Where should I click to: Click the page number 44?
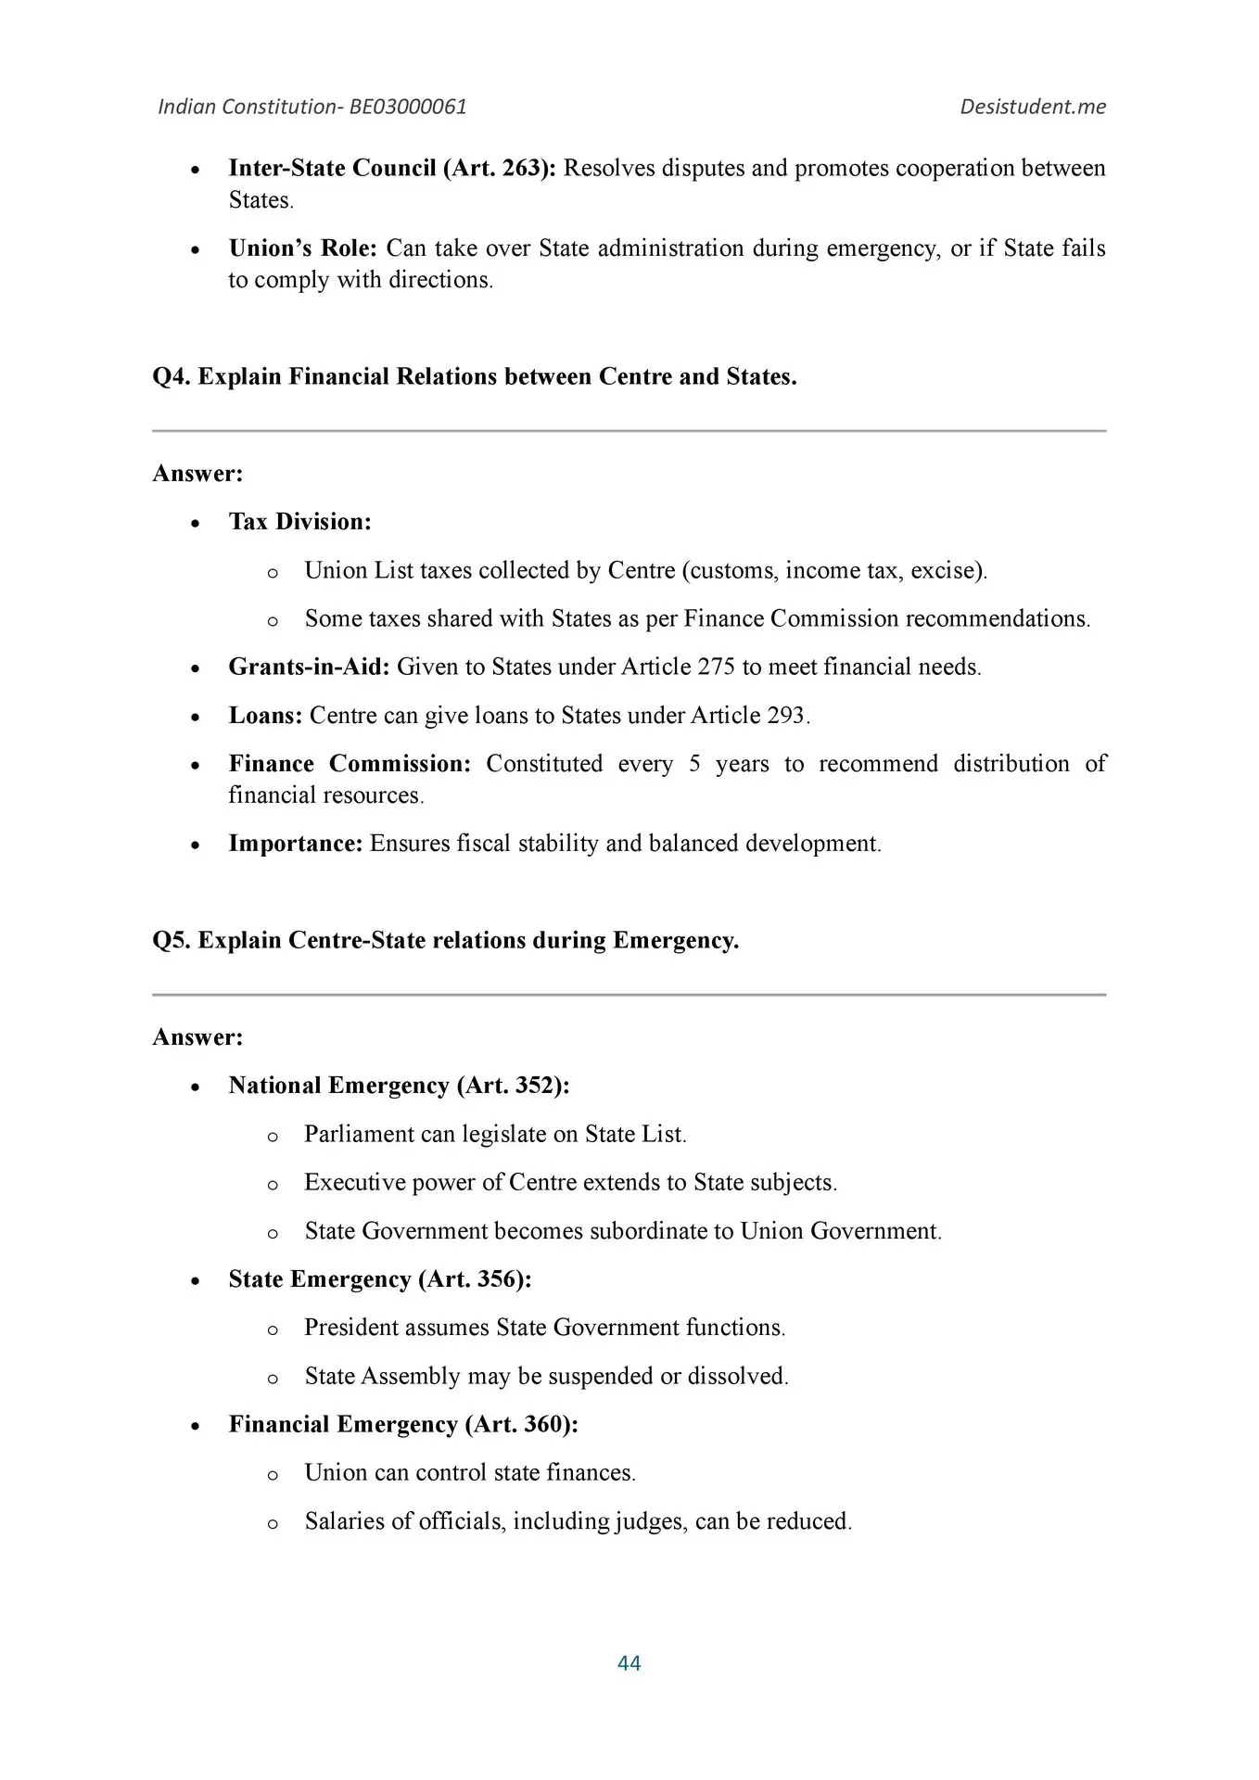(x=629, y=1663)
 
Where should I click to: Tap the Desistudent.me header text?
(x=1033, y=107)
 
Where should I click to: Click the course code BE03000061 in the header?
(x=408, y=107)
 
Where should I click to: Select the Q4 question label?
(x=172, y=376)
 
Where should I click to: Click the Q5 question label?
(x=172, y=940)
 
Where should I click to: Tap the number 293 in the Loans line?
(x=786, y=716)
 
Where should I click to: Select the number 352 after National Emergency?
(x=532, y=1086)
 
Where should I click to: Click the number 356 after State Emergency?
(x=494, y=1279)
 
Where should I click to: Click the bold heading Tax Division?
(x=299, y=522)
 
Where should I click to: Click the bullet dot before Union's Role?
(x=195, y=250)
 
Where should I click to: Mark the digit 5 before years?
(x=694, y=764)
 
